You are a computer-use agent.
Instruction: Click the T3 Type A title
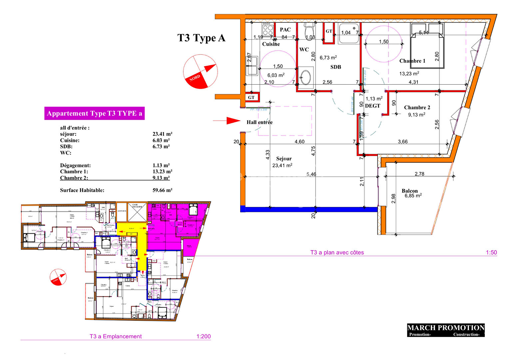pos(201,38)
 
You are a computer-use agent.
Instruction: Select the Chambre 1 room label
pos(412,61)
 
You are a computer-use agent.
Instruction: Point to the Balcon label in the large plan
pos(409,191)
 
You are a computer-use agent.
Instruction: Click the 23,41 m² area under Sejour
pos(282,165)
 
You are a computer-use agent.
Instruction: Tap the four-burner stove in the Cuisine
pos(267,29)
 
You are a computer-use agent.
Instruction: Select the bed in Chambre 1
pos(427,46)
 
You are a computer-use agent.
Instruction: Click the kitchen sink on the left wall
pos(252,66)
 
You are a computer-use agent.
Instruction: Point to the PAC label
pos(285,30)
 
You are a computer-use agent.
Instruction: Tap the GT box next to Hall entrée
pos(251,97)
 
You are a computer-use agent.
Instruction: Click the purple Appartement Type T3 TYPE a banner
pos(95,113)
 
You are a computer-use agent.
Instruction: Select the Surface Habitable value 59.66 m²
pos(162,190)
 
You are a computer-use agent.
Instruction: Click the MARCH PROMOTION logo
pos(446,330)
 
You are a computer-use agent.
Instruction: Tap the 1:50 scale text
pos(491,252)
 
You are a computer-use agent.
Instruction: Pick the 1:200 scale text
pos(203,336)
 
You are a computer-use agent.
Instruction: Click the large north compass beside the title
pos(201,72)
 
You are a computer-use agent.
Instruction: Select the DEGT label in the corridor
pos(372,106)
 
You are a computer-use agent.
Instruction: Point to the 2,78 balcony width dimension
pos(419,174)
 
